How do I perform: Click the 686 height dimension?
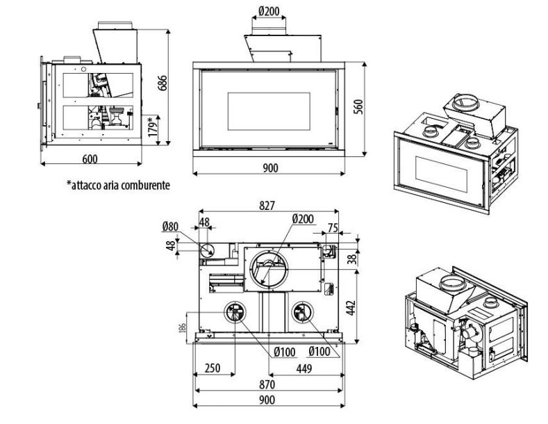(163, 83)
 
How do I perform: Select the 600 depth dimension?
(90, 158)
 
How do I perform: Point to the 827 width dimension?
(267, 205)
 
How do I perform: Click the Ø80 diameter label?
(170, 226)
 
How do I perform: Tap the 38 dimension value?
(352, 259)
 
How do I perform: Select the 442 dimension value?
(352, 306)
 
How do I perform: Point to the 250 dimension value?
(214, 368)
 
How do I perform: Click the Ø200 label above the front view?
(268, 12)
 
